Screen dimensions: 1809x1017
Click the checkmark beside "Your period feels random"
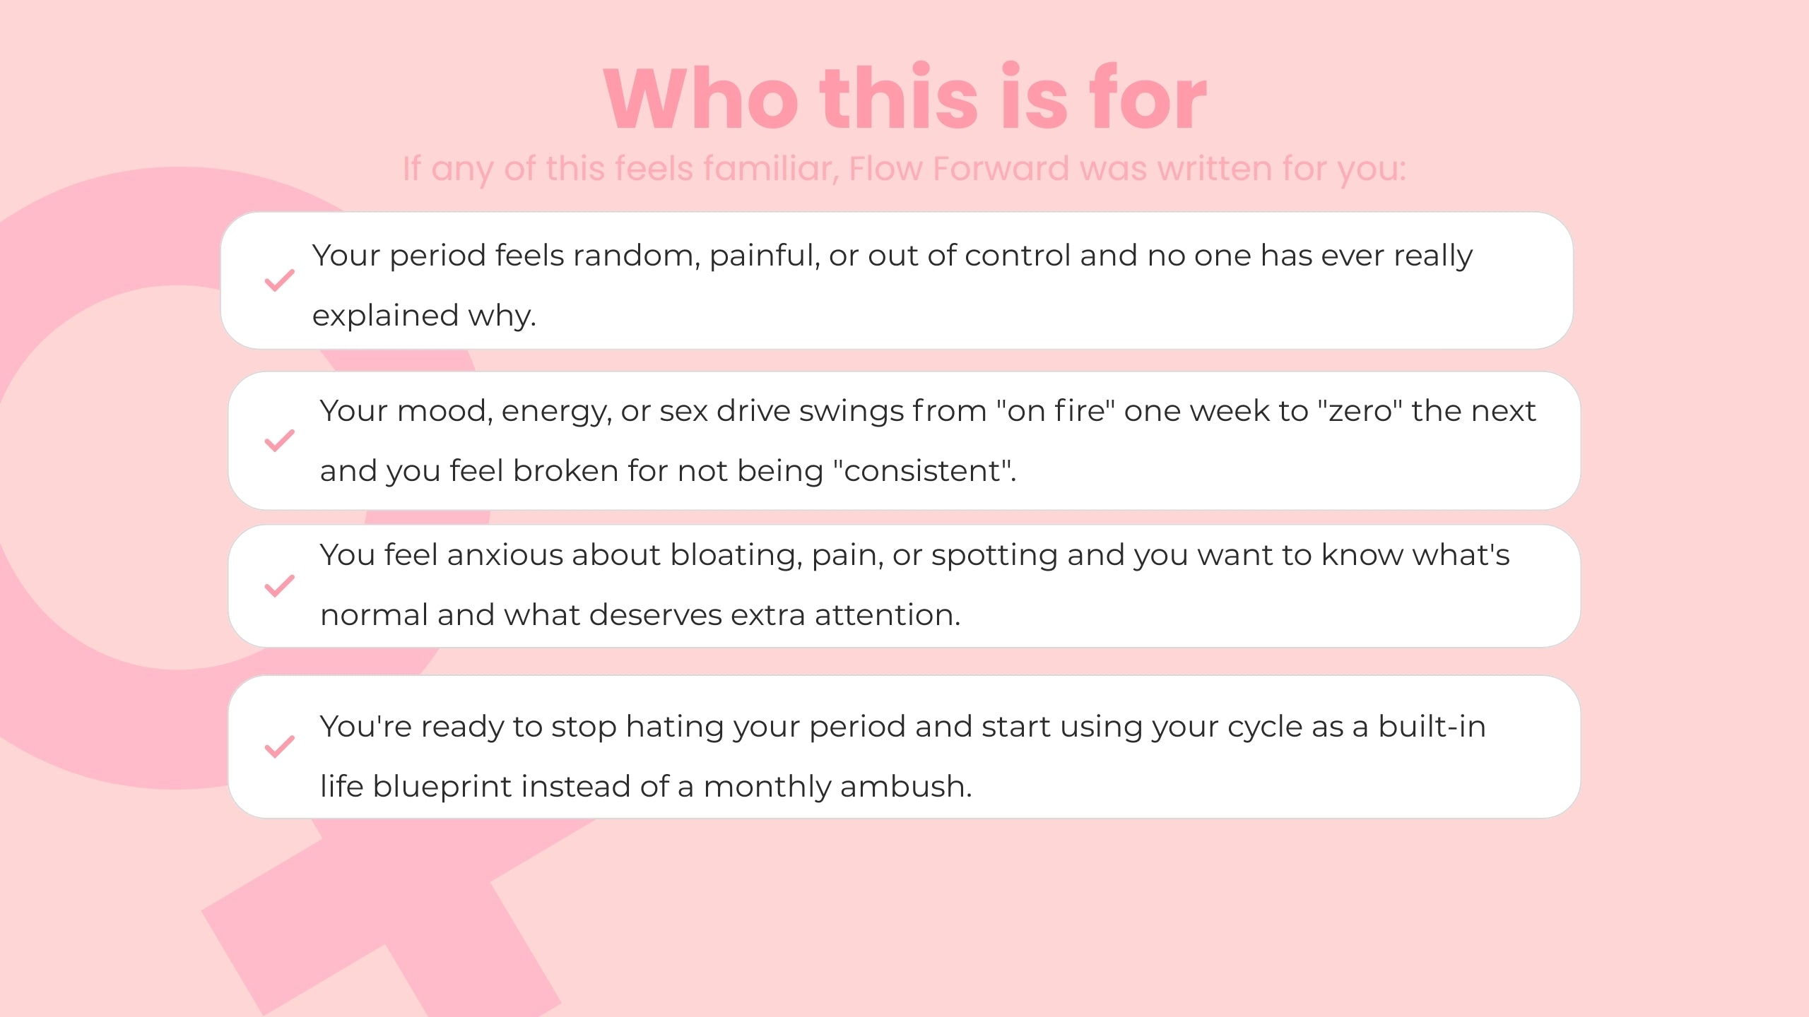click(280, 280)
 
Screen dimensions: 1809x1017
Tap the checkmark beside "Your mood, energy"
click(280, 440)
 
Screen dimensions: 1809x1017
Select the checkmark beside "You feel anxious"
click(280, 585)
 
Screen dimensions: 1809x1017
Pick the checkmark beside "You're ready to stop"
click(280, 747)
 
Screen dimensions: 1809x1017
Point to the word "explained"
click(385, 316)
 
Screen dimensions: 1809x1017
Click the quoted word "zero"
click(1360, 410)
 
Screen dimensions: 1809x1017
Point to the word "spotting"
click(994, 556)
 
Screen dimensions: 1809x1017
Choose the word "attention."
click(888, 615)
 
